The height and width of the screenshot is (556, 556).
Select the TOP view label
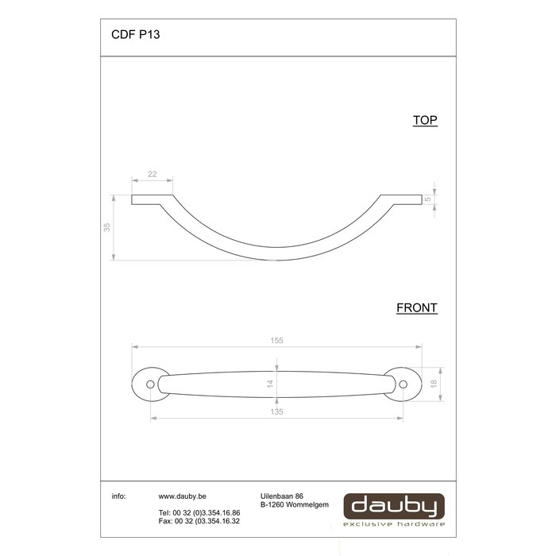point(425,121)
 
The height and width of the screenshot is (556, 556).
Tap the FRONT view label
point(417,307)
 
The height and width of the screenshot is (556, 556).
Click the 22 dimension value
point(152,175)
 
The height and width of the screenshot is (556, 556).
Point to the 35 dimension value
point(107,227)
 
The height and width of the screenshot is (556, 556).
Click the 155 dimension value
point(276,340)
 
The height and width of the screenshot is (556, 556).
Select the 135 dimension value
point(276,411)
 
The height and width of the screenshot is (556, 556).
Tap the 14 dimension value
point(270,383)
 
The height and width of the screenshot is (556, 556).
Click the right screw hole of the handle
point(403,384)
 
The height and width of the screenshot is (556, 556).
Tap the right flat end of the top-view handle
point(402,199)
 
